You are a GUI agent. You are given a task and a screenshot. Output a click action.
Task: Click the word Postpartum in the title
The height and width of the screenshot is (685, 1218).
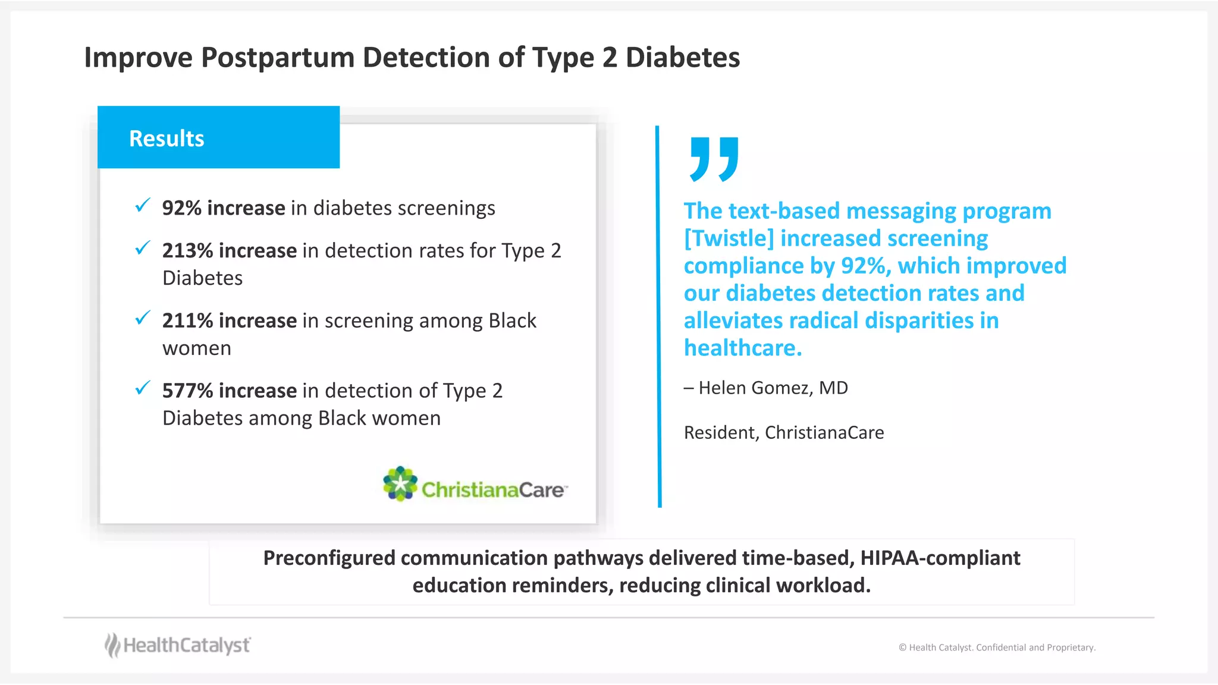click(277, 58)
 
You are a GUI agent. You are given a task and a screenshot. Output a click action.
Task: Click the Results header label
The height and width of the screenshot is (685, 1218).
click(167, 139)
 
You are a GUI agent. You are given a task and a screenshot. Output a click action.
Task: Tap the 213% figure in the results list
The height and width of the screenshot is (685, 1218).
click(187, 251)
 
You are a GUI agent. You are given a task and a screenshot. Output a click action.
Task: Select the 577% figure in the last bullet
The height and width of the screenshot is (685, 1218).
click(187, 391)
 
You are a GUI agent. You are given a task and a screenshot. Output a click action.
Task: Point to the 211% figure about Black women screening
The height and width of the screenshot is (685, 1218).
click(187, 321)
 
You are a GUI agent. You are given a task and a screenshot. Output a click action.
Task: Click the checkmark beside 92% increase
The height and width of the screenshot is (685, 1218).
click(143, 206)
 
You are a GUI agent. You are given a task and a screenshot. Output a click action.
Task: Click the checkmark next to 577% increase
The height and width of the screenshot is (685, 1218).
click(143, 388)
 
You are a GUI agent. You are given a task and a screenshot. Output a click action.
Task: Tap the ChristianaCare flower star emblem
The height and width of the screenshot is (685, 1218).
click(400, 483)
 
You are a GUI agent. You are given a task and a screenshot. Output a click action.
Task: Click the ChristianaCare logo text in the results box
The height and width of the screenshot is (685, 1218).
click(492, 490)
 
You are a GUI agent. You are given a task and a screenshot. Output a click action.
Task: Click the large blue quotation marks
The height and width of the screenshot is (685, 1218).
click(714, 159)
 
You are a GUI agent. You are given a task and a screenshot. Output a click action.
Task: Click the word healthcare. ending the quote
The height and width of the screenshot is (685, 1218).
click(743, 348)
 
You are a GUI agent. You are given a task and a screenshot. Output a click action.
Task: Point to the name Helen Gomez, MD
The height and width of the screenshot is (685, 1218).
click(773, 388)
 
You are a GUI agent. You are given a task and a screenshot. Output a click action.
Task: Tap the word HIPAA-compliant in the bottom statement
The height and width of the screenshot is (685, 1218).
click(940, 558)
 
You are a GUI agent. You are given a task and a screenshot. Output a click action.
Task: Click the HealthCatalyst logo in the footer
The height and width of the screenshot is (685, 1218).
click(178, 645)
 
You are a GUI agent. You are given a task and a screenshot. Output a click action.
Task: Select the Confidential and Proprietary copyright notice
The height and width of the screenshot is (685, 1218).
click(997, 648)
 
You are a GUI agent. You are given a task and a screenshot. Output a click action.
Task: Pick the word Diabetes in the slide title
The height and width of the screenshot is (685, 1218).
click(682, 58)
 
